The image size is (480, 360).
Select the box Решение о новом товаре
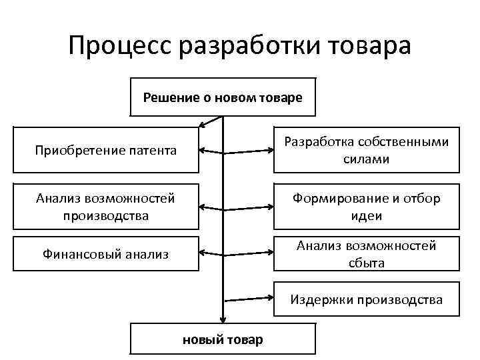[x=223, y=97]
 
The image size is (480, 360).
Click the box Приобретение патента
[x=106, y=150]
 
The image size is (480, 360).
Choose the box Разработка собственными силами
[x=367, y=151]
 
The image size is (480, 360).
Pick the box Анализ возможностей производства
[x=106, y=207]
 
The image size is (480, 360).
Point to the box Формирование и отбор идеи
[x=367, y=207]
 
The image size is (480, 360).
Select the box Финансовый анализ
[x=106, y=253]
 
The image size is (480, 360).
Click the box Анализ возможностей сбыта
[x=367, y=254]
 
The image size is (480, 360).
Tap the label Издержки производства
[x=367, y=300]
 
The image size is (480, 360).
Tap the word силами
[x=367, y=160]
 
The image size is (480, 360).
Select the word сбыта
[x=367, y=263]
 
